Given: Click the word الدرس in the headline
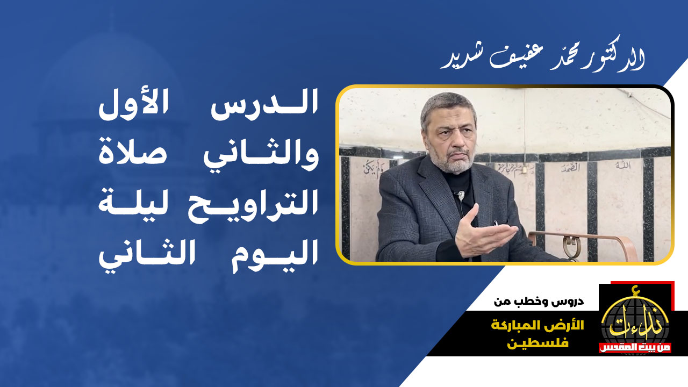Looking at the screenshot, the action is pyautogui.click(x=264, y=106).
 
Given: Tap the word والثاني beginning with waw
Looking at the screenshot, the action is pyautogui.click(x=261, y=154).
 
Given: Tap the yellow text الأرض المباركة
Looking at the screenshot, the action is pyautogui.click(x=537, y=326).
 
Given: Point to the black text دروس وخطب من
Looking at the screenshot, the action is pyautogui.click(x=539, y=302).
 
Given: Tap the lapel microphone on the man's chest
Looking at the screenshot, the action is pyautogui.click(x=461, y=195).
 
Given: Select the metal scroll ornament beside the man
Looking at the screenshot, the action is pyautogui.click(x=572, y=246).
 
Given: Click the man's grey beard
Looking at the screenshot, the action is pyautogui.click(x=452, y=160).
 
